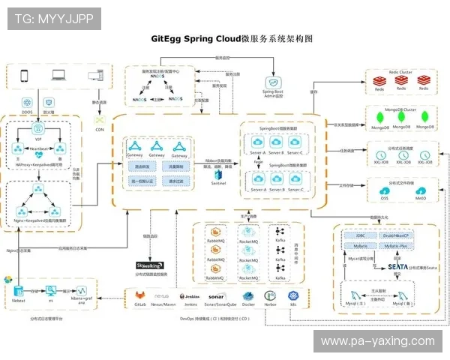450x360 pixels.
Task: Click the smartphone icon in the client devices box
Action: click(23, 76)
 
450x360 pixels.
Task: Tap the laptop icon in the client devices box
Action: click(58, 76)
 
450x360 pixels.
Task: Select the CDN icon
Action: click(98, 120)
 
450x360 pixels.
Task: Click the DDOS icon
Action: click(27, 102)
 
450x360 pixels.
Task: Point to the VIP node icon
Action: click(37, 128)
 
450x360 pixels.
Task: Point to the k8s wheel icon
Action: click(294, 297)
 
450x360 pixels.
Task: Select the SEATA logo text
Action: click(397, 266)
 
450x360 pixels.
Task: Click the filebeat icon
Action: click(19, 291)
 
